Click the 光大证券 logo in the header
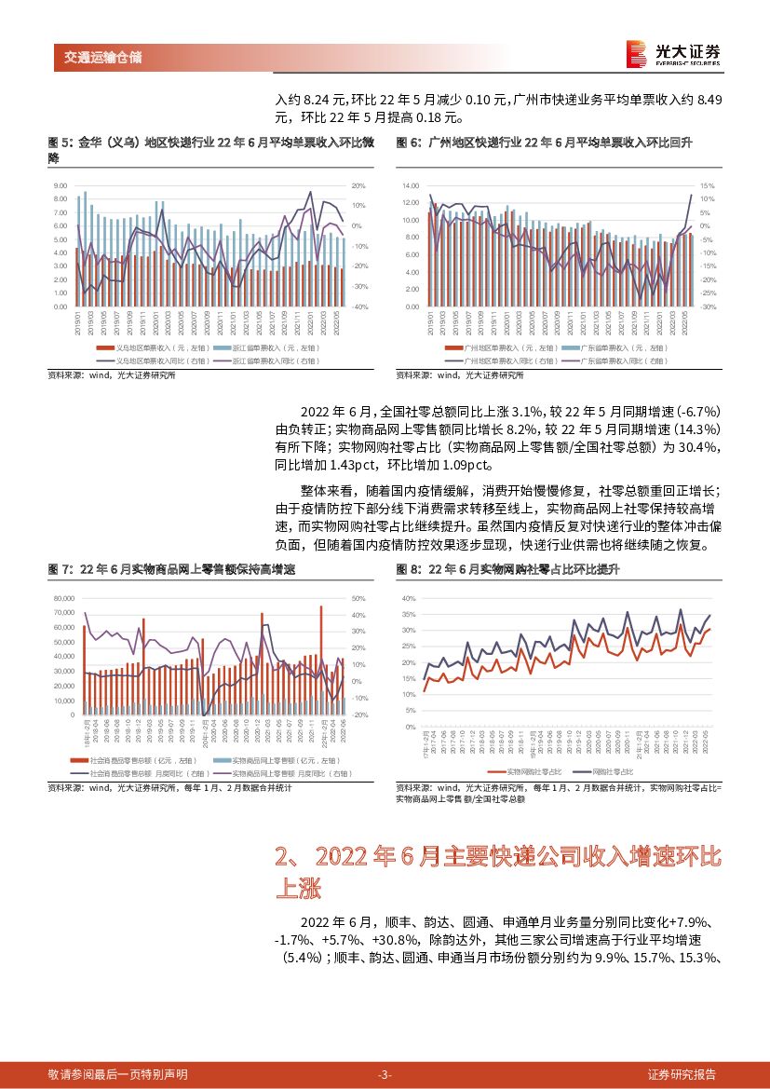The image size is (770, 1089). tap(670, 53)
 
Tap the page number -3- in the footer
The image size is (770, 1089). tap(385, 1074)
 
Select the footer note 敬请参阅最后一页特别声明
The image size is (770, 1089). tap(117, 1074)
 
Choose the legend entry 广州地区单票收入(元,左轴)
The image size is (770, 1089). tap(507, 347)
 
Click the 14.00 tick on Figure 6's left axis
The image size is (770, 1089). tap(412, 186)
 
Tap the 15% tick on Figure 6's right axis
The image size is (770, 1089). tap(709, 185)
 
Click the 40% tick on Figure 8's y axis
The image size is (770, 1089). tap(408, 599)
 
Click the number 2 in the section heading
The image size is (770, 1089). tap(284, 856)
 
